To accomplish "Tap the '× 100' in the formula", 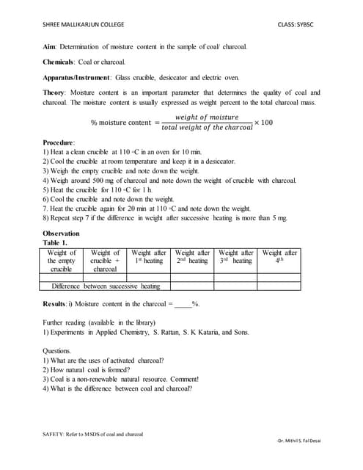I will (x=263, y=122).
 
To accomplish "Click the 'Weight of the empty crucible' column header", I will (x=62, y=261).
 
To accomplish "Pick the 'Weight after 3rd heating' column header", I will (x=236, y=257).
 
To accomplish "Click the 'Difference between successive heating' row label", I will (x=109, y=286).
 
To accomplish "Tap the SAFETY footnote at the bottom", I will (x=92, y=435).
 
